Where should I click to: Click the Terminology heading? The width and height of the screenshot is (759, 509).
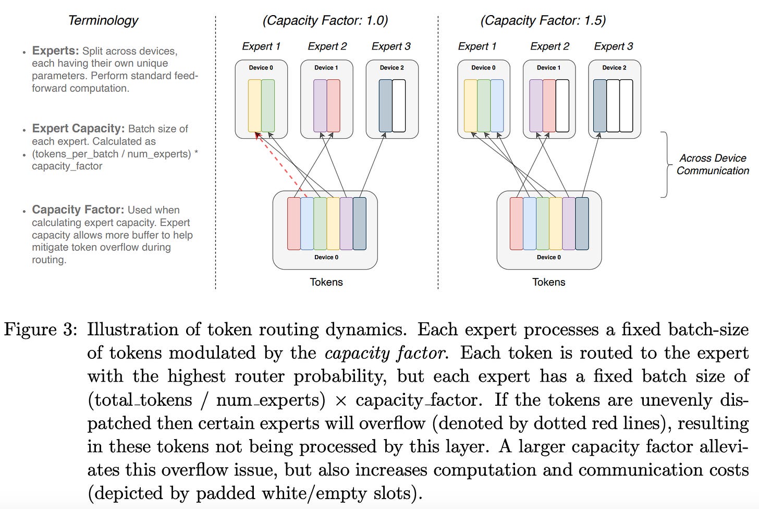(103, 20)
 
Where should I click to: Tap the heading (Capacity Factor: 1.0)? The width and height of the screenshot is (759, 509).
(325, 20)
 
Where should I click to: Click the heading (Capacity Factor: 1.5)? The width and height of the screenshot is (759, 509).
(543, 20)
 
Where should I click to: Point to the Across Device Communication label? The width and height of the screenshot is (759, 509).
(712, 164)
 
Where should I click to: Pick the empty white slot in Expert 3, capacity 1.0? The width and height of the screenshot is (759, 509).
(399, 105)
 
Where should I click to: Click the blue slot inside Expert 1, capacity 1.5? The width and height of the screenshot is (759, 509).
(497, 105)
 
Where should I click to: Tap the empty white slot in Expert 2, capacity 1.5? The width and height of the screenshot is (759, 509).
(562, 105)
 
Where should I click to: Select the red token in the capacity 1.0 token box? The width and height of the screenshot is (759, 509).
(293, 223)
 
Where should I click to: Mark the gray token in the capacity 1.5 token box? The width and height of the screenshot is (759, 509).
(582, 223)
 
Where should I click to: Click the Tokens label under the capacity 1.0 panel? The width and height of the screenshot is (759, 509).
(326, 282)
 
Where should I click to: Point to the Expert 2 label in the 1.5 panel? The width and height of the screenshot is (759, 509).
(549, 46)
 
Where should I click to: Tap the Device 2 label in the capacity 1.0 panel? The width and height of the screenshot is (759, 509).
(391, 68)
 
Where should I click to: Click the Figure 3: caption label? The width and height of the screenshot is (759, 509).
(41, 330)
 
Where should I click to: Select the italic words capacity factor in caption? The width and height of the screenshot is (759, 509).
(385, 353)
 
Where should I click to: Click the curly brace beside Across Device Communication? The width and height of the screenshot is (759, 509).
(666, 164)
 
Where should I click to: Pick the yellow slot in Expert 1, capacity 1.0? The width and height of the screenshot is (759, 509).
(254, 105)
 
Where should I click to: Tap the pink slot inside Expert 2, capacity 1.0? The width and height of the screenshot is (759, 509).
(333, 105)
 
